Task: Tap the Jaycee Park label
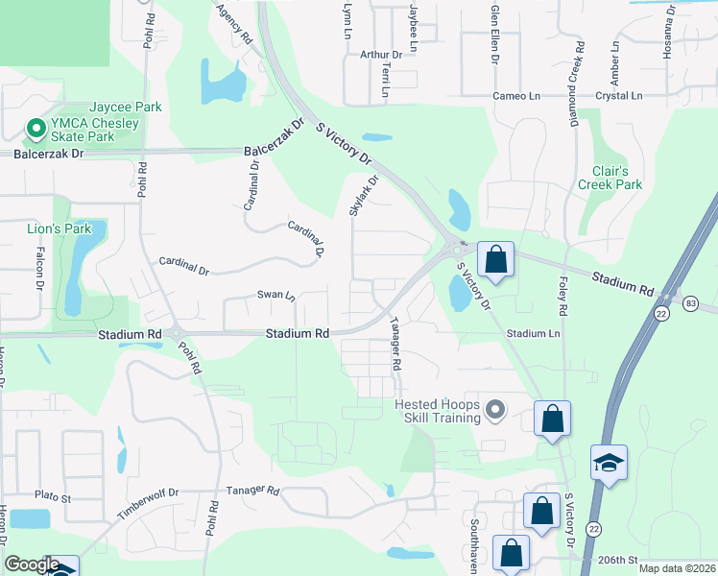[126, 108]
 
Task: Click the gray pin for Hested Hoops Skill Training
[495, 411]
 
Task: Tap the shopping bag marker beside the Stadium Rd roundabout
[495, 259]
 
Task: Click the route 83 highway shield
[691, 303]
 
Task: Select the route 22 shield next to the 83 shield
[662, 314]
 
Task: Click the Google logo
[32, 564]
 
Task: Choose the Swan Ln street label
[276, 295]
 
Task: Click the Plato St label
[53, 498]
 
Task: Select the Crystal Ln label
[618, 95]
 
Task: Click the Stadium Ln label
[533, 333]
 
